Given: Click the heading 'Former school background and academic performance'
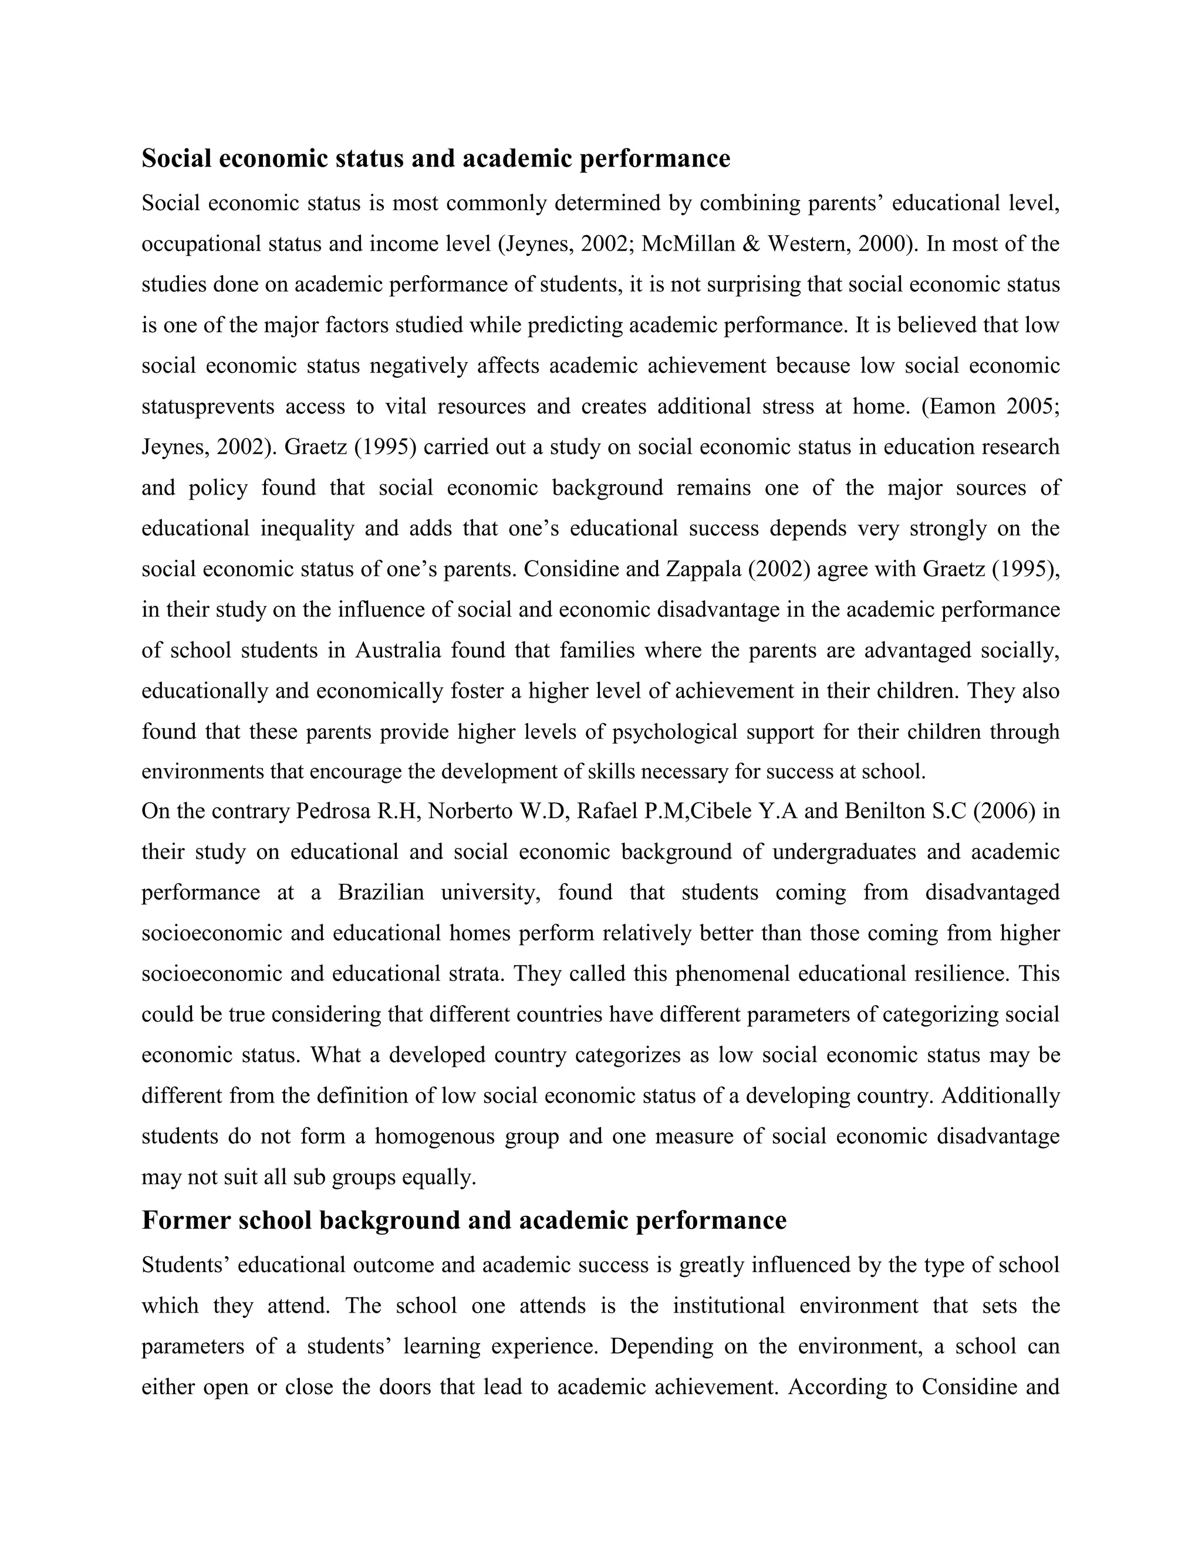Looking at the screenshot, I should coord(464,1221).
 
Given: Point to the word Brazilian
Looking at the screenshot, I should coord(380,893).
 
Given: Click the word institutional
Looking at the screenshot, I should coord(728,1306).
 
